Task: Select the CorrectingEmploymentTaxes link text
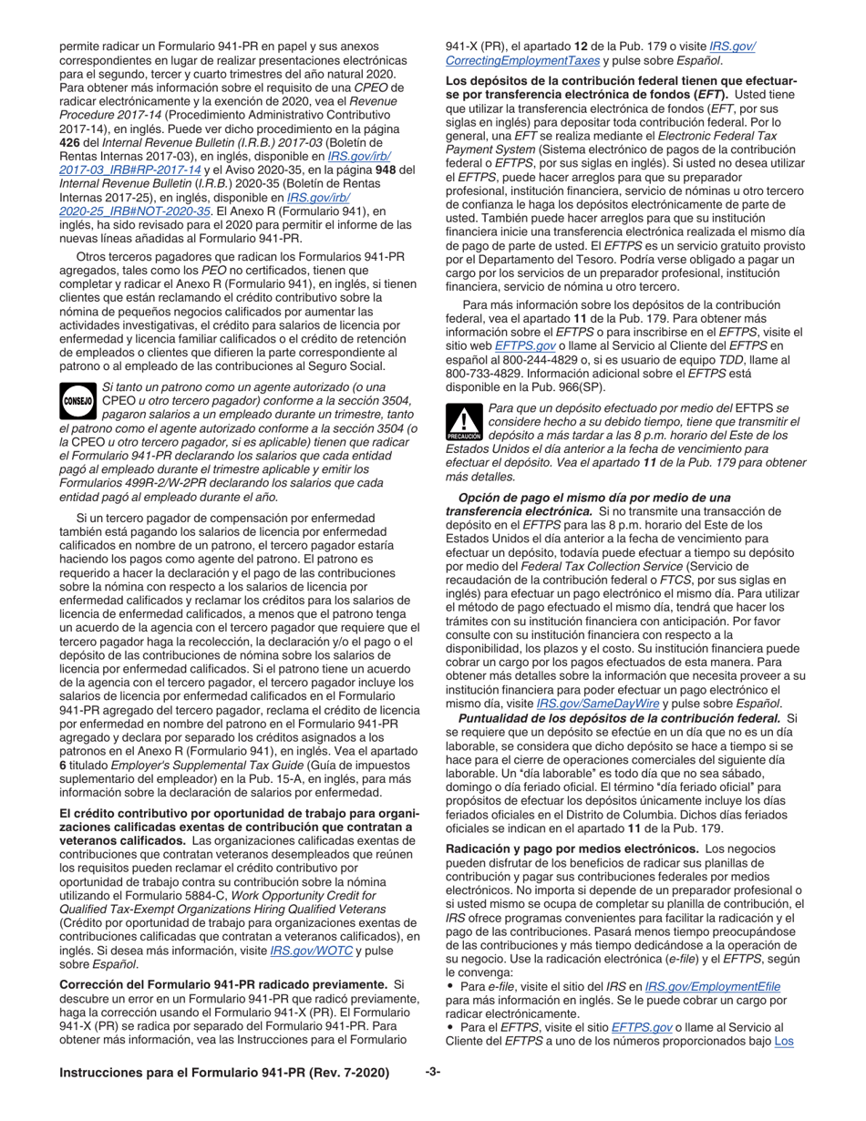tap(521, 60)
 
